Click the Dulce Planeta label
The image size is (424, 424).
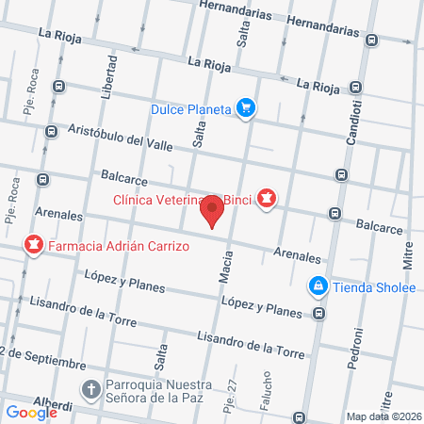(190, 108)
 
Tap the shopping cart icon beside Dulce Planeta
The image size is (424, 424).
(246, 108)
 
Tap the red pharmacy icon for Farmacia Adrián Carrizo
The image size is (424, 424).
(34, 246)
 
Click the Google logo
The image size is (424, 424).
(32, 412)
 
